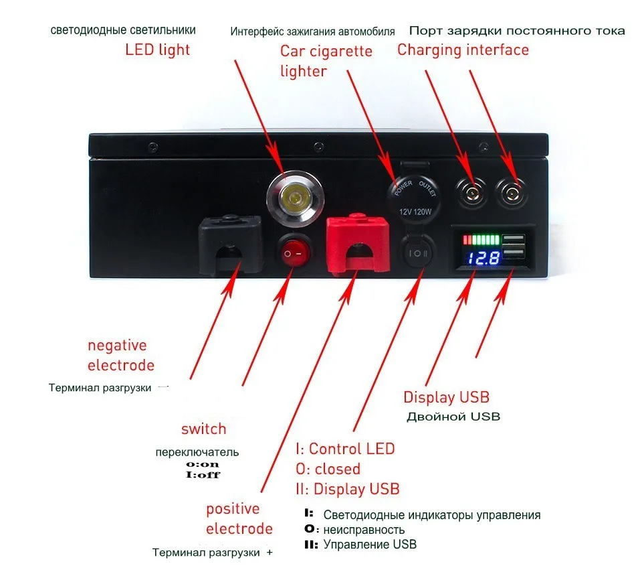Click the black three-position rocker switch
(x=414, y=255)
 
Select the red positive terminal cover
(x=357, y=245)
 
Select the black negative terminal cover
(x=229, y=245)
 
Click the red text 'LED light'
(x=157, y=50)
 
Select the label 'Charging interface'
(x=463, y=50)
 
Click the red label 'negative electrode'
(x=120, y=355)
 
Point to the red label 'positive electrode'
(x=239, y=518)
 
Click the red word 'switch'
(x=203, y=429)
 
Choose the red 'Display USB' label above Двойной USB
(x=446, y=397)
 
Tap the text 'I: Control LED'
(x=344, y=449)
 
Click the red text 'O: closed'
(x=328, y=468)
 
